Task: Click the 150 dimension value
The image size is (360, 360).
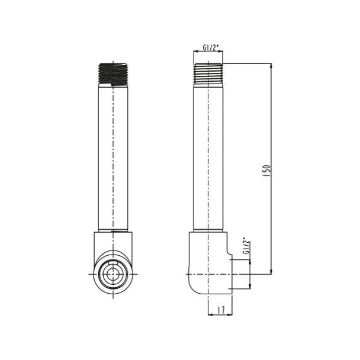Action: coord(266,170)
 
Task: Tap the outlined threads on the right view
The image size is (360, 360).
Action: coord(208,73)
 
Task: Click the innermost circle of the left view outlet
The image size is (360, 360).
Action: coord(113,274)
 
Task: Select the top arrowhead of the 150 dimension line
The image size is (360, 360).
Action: coord(271,66)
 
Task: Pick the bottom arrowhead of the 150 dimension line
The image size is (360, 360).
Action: coord(271,272)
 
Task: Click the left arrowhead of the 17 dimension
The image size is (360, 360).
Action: coord(211,314)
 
